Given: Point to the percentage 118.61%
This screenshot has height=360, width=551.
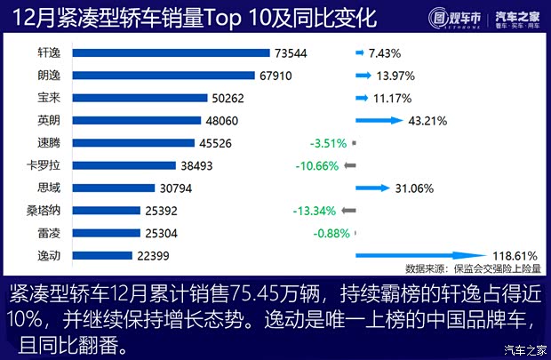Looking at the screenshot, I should [514, 256].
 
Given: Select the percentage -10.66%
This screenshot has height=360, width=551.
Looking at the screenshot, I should [317, 165].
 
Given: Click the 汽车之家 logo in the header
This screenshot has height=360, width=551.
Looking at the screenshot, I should [516, 16].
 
